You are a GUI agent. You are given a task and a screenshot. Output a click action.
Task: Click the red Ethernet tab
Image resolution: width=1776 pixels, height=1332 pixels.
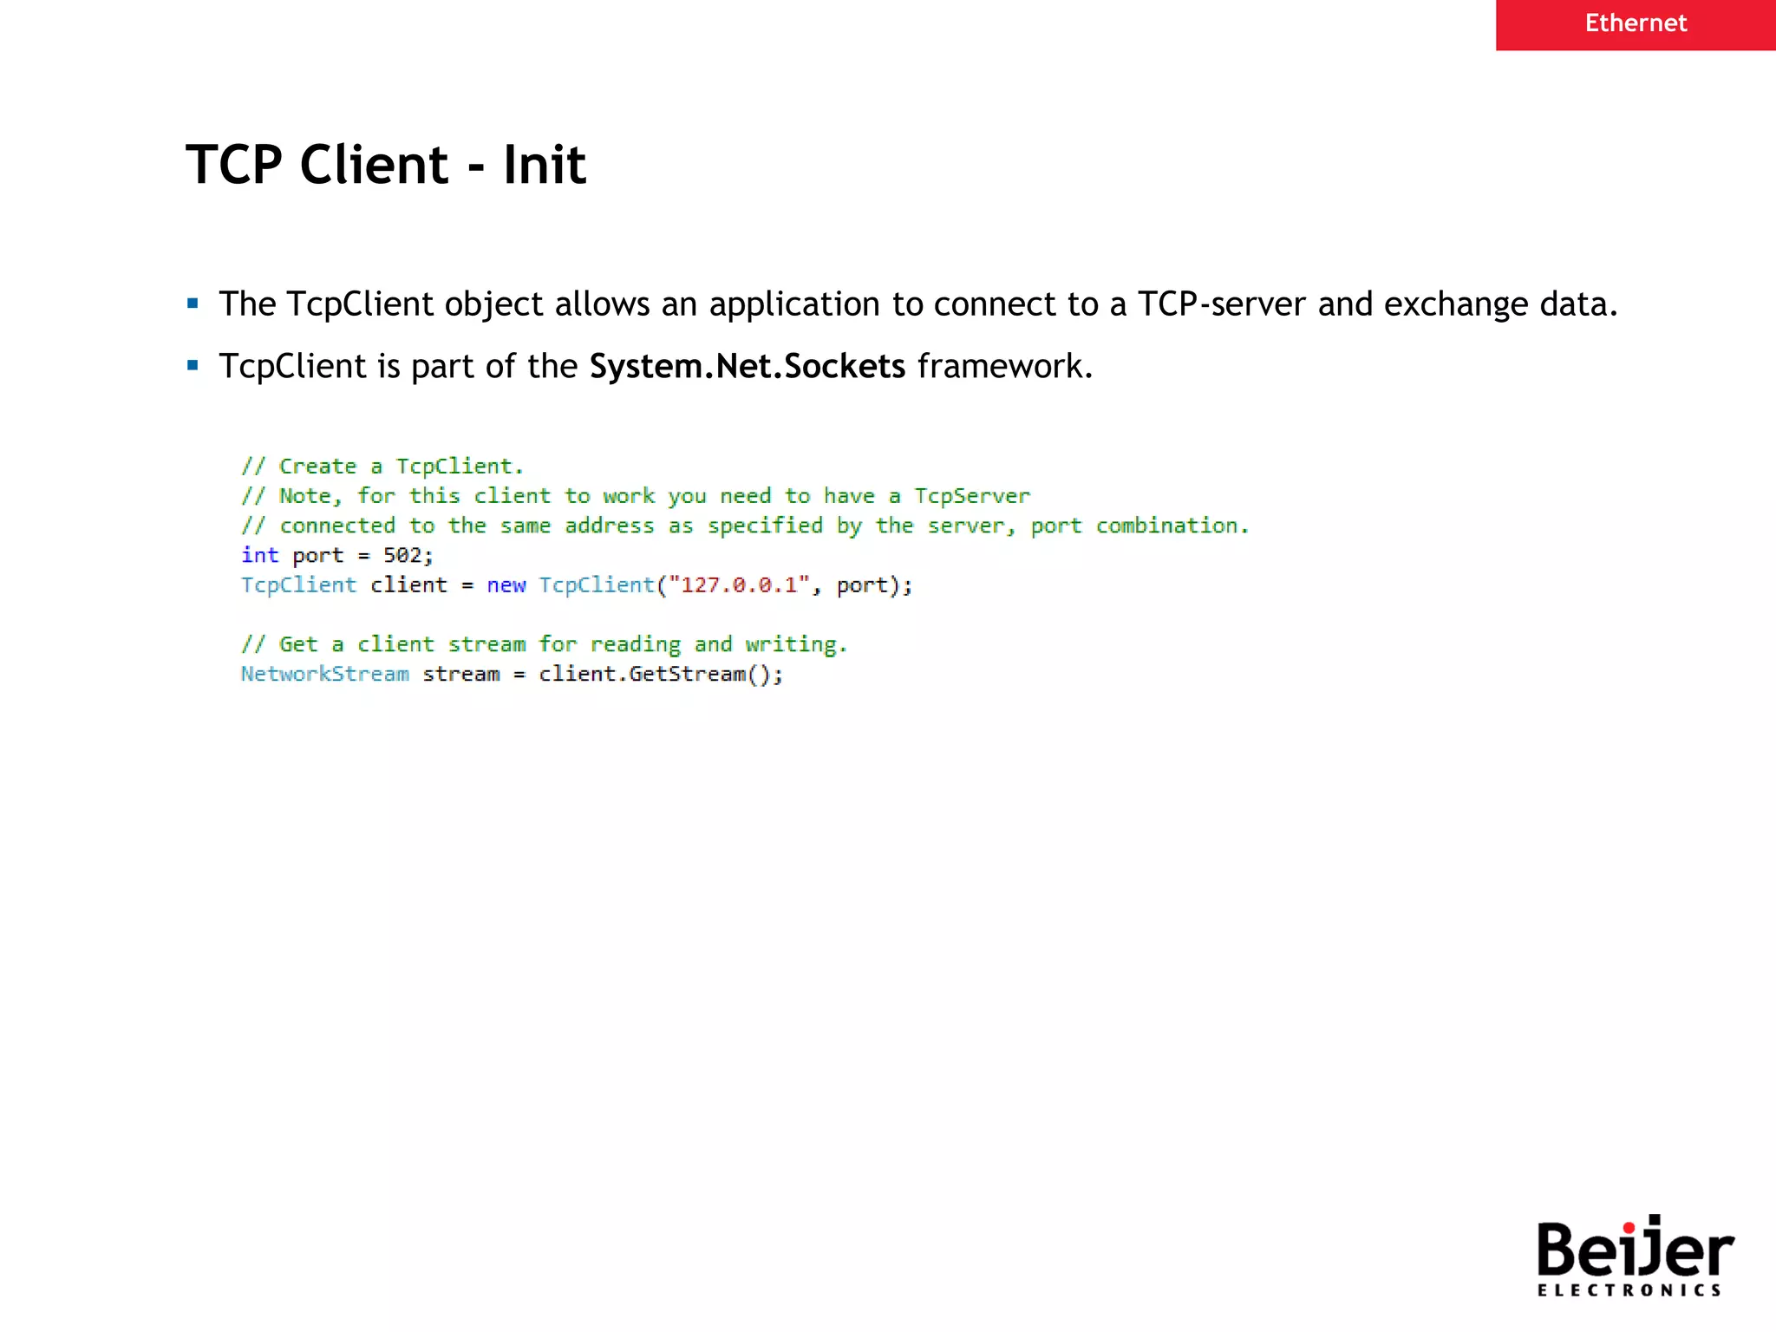click(x=1635, y=23)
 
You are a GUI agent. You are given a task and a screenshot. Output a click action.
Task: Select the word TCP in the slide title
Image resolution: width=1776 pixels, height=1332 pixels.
click(x=234, y=165)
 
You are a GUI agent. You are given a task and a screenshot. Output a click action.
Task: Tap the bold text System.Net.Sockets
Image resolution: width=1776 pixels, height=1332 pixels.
click(x=747, y=367)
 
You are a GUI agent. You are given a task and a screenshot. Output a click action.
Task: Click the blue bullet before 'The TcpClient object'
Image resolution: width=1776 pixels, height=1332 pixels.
click(x=193, y=304)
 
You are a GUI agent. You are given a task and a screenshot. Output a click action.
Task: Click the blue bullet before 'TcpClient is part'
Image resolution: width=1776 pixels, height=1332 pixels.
click(x=193, y=366)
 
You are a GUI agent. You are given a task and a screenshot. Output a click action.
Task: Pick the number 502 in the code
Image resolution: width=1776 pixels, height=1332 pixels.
click(x=402, y=555)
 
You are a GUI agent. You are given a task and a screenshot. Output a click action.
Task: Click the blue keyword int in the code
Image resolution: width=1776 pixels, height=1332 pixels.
click(x=259, y=555)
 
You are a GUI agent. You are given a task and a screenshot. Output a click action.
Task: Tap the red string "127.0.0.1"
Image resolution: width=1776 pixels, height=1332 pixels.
click(x=739, y=585)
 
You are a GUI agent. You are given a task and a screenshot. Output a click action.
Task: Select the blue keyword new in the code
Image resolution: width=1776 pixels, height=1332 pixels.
click(x=506, y=585)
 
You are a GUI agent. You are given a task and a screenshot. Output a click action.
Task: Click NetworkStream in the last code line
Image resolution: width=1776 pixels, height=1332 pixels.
click(x=325, y=674)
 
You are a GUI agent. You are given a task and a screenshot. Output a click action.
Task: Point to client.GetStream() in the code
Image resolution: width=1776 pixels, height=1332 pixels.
click(x=659, y=674)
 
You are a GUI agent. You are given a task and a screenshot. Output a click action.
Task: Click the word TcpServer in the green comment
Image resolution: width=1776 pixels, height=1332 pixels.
click(x=972, y=496)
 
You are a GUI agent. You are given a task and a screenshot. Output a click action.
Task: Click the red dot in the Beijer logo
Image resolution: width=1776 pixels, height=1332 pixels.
click(x=1629, y=1227)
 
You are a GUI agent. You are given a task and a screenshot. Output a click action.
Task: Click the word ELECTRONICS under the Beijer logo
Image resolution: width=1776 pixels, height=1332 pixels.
click(x=1629, y=1290)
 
